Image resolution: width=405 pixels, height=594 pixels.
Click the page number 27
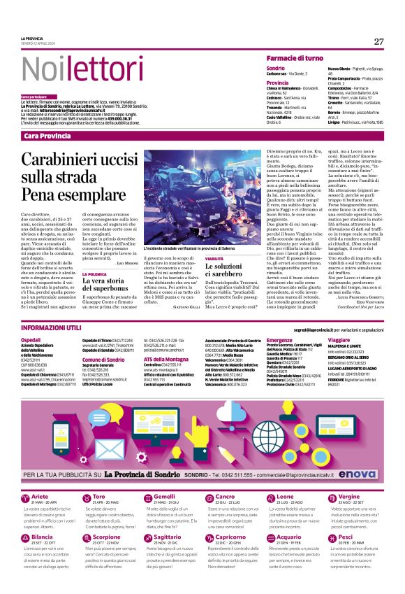click(x=378, y=41)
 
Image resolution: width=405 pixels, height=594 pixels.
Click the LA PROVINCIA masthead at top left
click(x=32, y=38)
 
